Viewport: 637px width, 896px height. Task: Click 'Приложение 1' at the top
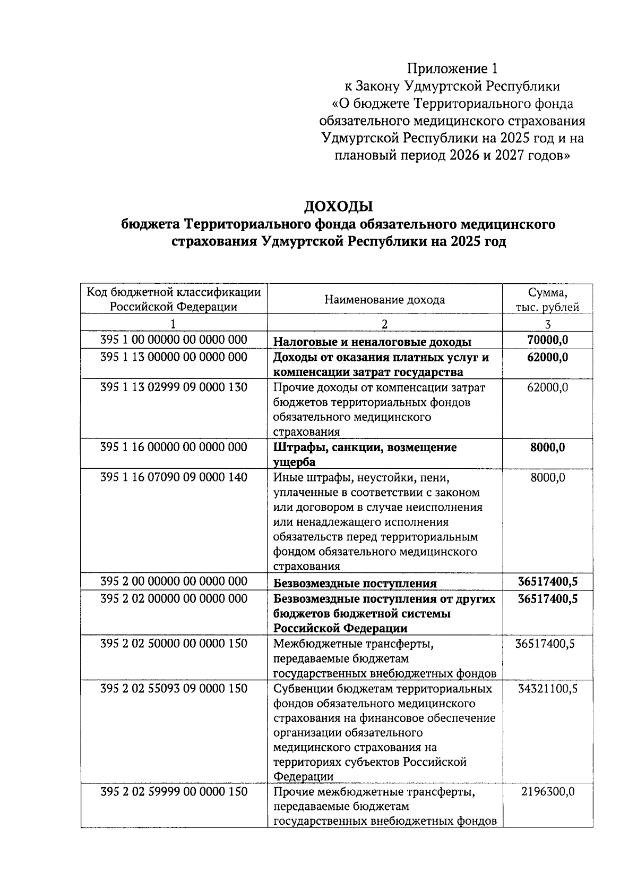pos(453,69)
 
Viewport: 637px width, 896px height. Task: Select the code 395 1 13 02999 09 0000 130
pos(174,387)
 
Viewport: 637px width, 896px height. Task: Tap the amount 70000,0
pos(547,340)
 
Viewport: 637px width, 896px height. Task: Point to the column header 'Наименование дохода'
pos(384,300)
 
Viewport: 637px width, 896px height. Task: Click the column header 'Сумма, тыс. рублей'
pos(547,300)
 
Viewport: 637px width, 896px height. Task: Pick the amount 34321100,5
pos(547,689)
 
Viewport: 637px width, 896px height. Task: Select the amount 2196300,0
pos(547,792)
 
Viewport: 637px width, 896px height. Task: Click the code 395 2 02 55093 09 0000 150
pos(174,689)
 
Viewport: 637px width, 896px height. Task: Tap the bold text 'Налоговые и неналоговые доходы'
pos(372,342)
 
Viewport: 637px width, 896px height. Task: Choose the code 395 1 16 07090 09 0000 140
pos(174,477)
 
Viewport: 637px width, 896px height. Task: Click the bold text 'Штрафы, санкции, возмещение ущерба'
pos(365,454)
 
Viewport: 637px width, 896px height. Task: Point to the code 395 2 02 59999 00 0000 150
pos(174,792)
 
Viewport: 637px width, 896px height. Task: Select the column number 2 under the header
pos(384,324)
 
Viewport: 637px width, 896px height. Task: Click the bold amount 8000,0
pos(547,447)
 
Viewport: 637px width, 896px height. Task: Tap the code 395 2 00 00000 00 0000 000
pos(174,581)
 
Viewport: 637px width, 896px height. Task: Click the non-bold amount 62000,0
pos(547,387)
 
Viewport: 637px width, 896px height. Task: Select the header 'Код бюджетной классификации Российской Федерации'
pos(174,300)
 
